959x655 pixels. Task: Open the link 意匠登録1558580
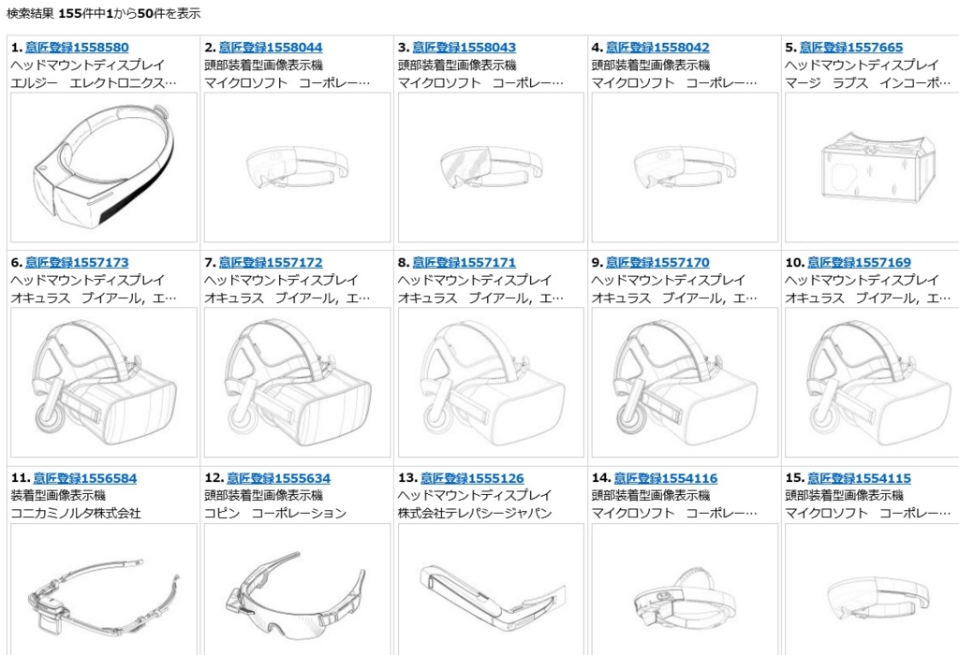(77, 48)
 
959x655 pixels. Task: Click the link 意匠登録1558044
(271, 48)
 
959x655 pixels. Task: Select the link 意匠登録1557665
(850, 48)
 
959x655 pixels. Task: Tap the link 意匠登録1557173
(77, 263)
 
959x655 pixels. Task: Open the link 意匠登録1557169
(859, 263)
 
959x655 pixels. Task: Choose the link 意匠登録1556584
(85, 478)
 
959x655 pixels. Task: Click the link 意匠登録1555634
(278, 478)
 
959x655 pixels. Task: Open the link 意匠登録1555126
(472, 478)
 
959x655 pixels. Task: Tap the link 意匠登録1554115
(859, 478)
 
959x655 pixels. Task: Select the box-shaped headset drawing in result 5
(878, 166)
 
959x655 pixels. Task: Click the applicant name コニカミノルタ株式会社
(76, 514)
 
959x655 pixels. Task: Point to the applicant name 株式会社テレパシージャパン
(475, 514)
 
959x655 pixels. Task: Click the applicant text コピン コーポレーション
(275, 514)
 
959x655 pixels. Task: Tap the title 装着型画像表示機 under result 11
(58, 496)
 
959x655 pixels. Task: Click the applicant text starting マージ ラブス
(868, 83)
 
